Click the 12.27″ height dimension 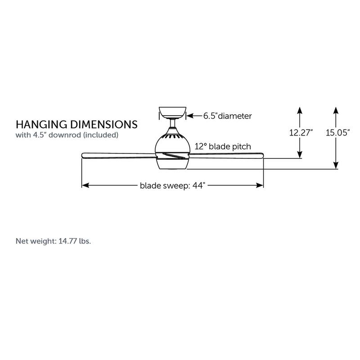(301, 133)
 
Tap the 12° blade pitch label (223, 146)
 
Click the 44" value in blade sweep (198, 185)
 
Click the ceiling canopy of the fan (173, 112)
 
